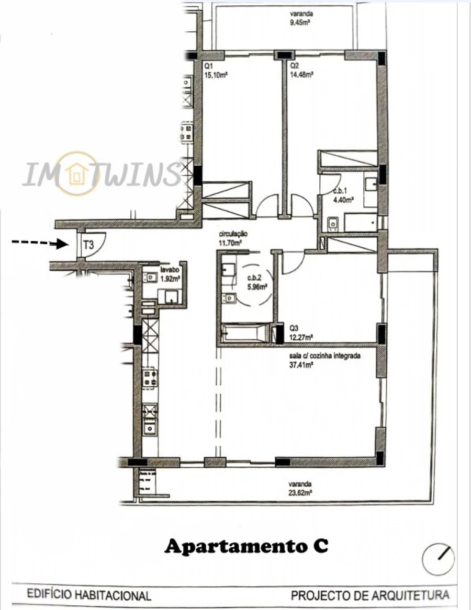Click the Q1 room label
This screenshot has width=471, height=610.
(x=208, y=67)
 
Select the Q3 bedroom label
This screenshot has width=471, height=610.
(x=294, y=328)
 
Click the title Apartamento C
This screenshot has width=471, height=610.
(x=246, y=547)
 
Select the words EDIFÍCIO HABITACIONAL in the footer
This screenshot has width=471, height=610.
(x=89, y=595)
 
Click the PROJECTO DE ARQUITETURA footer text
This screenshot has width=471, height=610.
(x=370, y=595)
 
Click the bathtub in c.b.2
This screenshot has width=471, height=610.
(x=245, y=332)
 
